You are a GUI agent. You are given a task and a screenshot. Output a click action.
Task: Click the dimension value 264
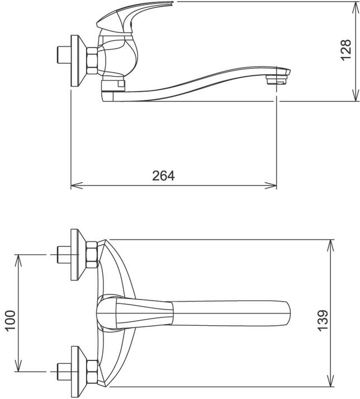[x=163, y=175]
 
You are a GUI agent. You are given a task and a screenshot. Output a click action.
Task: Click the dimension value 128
[x=347, y=50]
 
